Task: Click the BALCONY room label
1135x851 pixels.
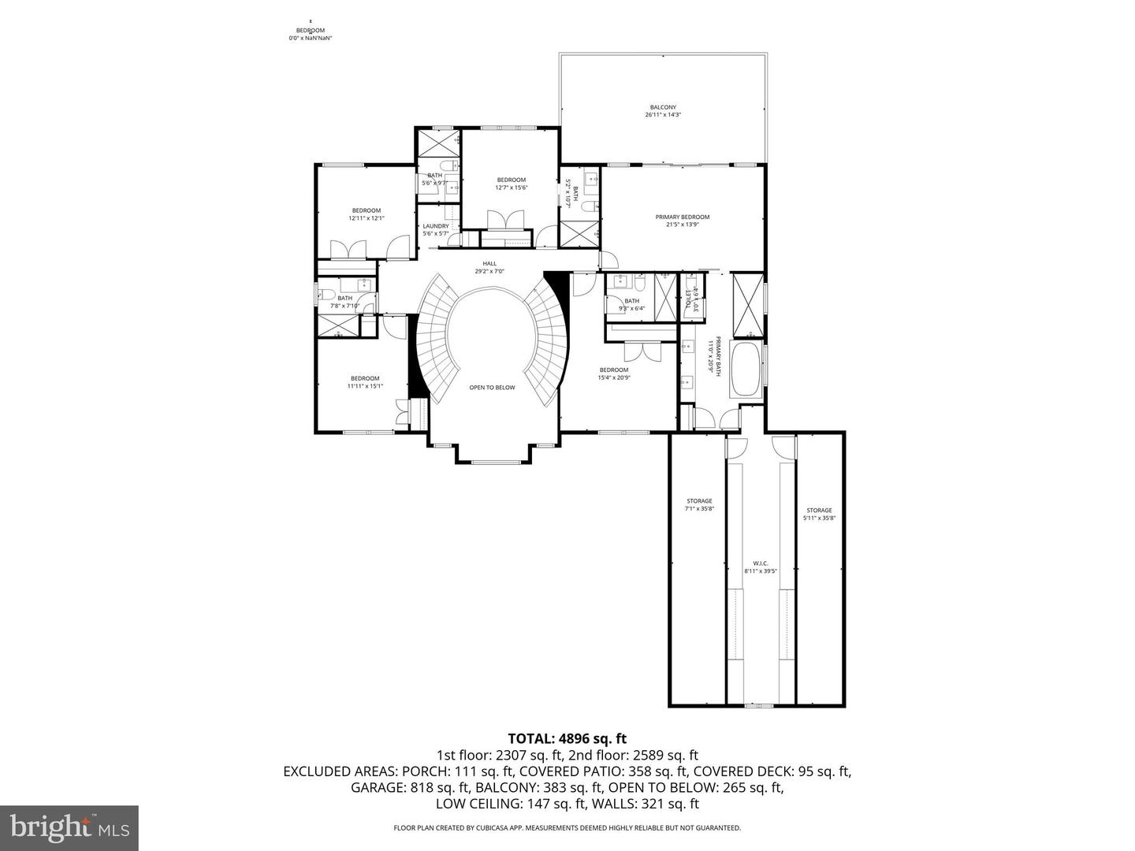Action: click(662, 111)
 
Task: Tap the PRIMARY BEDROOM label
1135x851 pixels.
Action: click(682, 221)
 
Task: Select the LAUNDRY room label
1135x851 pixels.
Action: click(435, 229)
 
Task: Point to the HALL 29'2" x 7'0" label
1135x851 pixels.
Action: click(489, 267)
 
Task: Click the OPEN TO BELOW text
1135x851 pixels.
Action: click(492, 388)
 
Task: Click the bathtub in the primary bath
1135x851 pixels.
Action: click(746, 370)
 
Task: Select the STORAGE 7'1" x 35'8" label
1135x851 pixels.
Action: click(699, 504)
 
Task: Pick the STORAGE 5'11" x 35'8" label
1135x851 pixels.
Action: click(819, 514)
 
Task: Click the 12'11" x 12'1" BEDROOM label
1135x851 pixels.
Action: click(366, 214)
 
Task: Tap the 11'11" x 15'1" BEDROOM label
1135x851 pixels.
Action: click(365, 382)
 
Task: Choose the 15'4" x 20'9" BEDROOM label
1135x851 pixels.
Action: click(613, 373)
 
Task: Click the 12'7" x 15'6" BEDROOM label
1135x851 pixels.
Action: click(511, 184)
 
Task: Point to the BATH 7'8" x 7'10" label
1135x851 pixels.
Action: click(345, 302)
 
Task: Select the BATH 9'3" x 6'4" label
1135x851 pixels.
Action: click(631, 304)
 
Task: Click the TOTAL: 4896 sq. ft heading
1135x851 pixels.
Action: click(567, 738)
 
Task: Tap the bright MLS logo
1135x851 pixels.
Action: click(69, 827)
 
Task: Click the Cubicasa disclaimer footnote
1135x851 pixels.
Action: click(567, 828)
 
